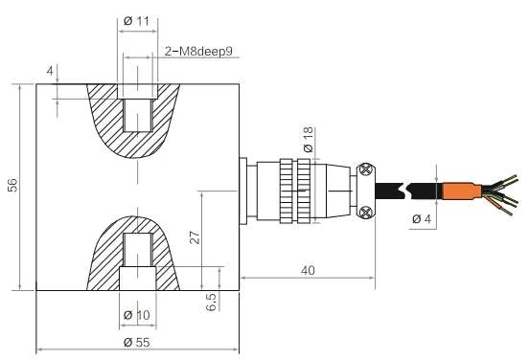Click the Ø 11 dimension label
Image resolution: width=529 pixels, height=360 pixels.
[136, 21]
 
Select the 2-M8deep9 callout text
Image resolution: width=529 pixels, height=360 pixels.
[198, 52]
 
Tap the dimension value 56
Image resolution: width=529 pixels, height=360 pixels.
[12, 185]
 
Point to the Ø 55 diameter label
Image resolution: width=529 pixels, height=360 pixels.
[137, 343]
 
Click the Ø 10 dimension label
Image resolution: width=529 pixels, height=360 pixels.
[137, 315]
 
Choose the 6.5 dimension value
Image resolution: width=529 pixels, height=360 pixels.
[211, 302]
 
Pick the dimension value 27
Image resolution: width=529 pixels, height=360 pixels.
[195, 236]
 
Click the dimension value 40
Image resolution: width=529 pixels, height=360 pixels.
[308, 270]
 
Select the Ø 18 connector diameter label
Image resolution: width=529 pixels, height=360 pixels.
[308, 140]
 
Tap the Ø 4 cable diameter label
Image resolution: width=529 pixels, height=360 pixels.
[422, 219]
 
